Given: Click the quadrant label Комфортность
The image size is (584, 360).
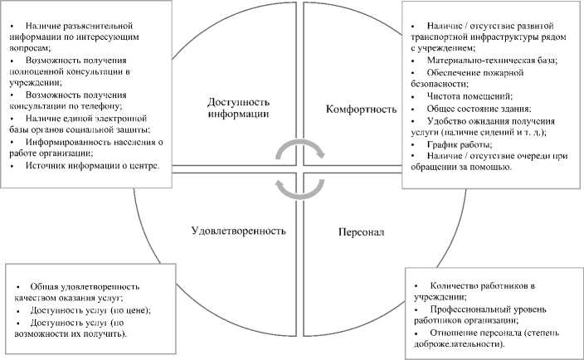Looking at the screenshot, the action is [358, 108].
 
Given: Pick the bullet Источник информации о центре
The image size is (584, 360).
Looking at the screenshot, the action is [94, 166].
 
